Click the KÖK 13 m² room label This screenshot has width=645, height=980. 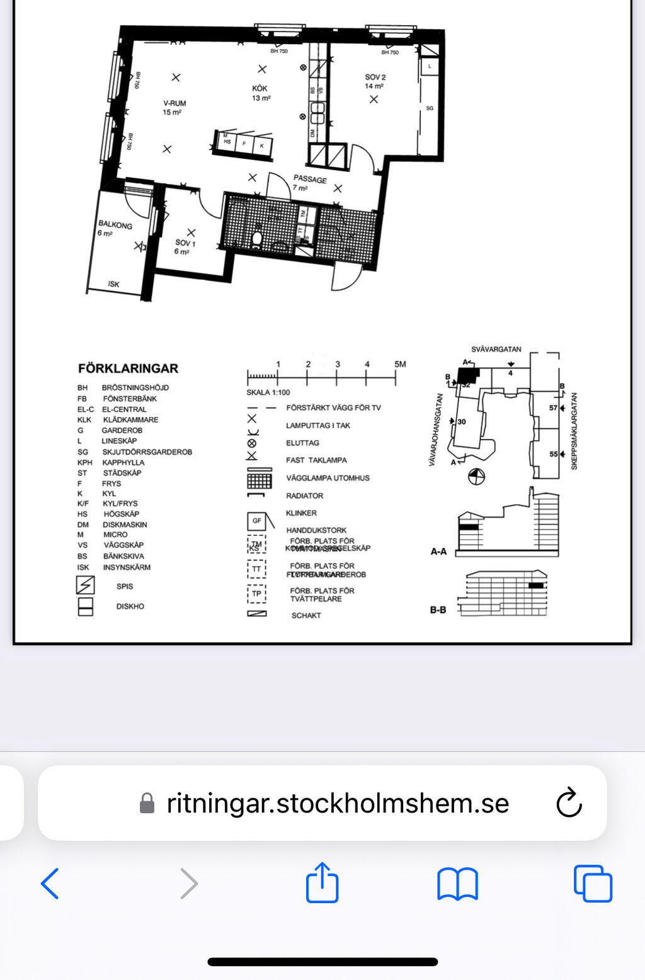tap(260, 93)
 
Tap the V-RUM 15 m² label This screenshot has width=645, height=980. tap(174, 108)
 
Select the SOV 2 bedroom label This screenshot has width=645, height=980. tap(375, 81)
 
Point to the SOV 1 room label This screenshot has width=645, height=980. tap(185, 247)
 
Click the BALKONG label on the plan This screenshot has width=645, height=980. tap(115, 225)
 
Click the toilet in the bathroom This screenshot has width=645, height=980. tap(256, 238)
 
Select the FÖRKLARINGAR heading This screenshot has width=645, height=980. tap(128, 368)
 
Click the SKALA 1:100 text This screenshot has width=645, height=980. tap(268, 392)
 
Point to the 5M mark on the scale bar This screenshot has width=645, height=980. tap(399, 365)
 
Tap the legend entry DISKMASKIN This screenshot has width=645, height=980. tap(125, 525)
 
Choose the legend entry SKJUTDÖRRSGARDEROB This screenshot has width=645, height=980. tap(147, 452)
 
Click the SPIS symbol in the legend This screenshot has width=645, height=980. tap(85, 585)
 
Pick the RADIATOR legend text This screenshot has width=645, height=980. tap(304, 496)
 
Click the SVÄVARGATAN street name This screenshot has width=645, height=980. tap(496, 349)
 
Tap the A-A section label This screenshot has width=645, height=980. tap(438, 552)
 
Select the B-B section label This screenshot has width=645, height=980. tap(438, 610)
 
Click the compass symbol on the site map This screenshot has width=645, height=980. tap(477, 477)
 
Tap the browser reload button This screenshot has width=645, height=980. tap(569, 802)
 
